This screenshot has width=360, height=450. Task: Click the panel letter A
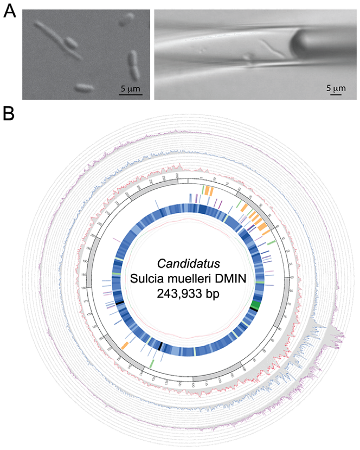pos(9,11)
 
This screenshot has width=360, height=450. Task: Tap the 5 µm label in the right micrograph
pos(336,88)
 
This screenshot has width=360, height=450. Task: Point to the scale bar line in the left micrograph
pos(131,95)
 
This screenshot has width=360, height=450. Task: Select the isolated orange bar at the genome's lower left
pos(125,345)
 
